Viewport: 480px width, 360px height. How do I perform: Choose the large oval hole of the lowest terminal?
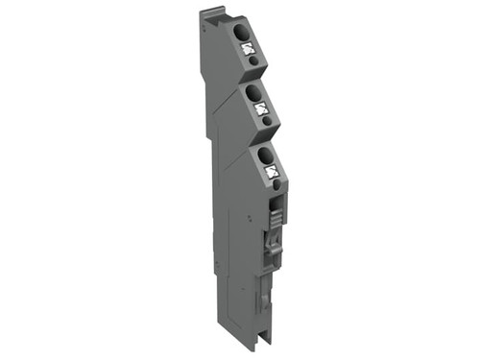coord(264,154)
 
